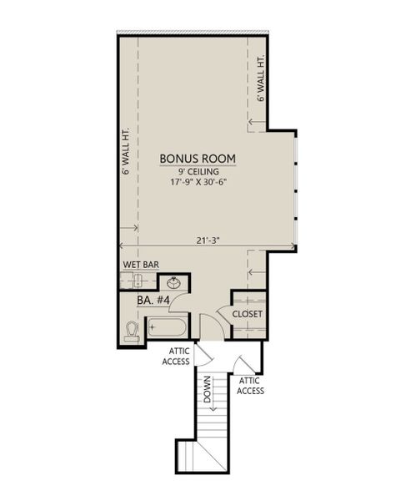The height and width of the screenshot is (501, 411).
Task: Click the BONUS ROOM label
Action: point(198,158)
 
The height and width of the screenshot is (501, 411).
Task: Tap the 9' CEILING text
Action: point(198,172)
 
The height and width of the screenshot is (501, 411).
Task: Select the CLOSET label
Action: point(247,314)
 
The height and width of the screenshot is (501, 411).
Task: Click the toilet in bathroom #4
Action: point(131,331)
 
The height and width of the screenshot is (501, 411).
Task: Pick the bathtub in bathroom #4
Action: point(169,326)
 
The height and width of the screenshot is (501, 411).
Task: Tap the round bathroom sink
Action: point(174,282)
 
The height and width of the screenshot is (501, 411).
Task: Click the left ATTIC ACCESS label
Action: point(177,356)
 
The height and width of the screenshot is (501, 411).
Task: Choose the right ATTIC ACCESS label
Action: point(251,386)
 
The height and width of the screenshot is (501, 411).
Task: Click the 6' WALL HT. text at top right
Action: point(260,79)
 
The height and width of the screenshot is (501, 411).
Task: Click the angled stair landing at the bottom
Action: point(204,458)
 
